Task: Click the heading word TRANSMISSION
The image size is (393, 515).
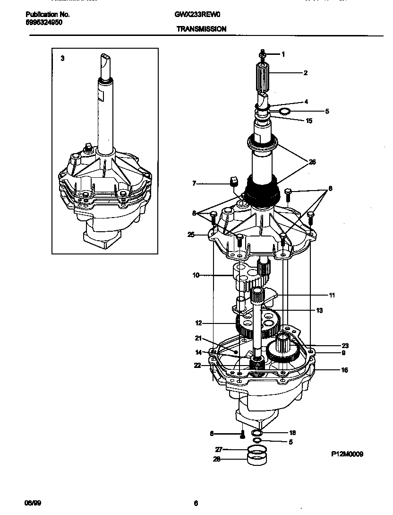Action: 201,29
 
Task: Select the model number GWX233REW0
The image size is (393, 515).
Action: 194,15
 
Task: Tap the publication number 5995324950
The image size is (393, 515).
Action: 43,22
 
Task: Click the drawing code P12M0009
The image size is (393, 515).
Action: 347,454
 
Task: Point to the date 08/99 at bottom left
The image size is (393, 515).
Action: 29,502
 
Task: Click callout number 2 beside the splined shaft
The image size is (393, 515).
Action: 306,73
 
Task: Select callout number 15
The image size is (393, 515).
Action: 309,121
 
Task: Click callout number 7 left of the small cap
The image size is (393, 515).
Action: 194,183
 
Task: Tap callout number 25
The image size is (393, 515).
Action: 191,234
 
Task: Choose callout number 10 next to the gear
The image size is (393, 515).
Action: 196,275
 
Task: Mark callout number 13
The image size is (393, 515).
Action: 319,310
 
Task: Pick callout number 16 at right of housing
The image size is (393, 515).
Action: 344,370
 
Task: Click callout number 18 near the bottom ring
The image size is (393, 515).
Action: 292,433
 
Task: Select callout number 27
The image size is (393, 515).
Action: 218,449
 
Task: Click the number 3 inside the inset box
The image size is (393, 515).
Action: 62,59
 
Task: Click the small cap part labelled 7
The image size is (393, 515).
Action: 233,182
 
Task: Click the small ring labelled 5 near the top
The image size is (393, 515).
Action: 284,112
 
